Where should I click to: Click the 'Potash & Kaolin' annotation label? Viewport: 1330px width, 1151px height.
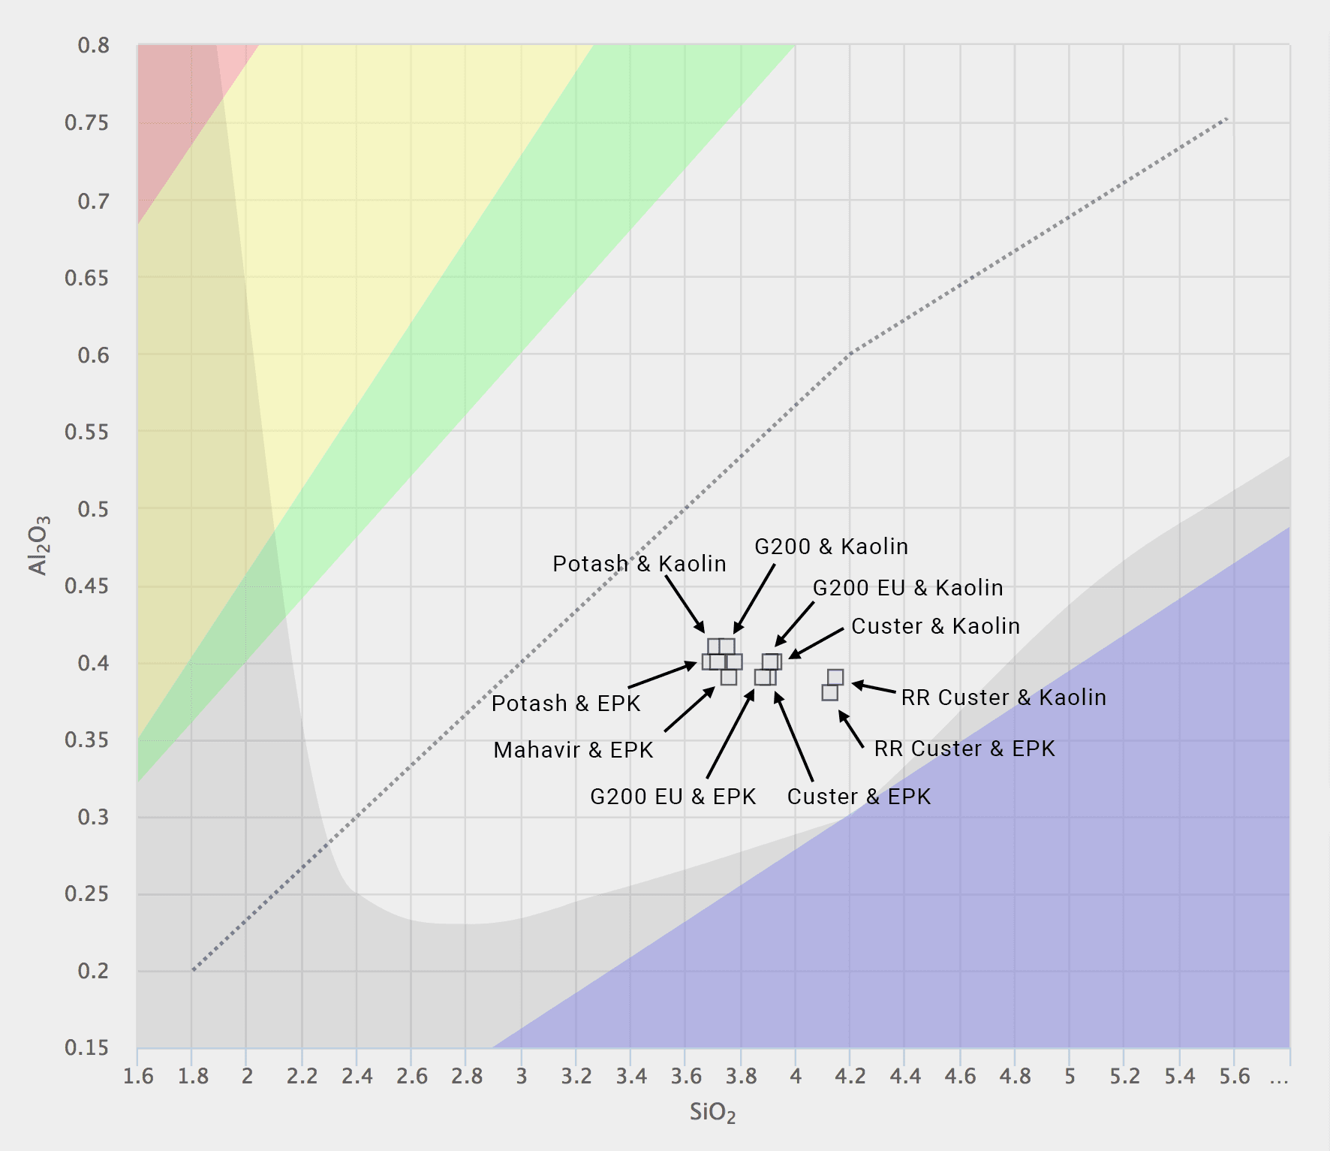pos(639,564)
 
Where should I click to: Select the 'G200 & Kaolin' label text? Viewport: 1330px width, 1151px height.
pos(831,547)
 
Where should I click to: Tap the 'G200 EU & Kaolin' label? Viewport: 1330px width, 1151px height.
pos(907,588)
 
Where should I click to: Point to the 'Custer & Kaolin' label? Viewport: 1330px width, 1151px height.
pos(935,626)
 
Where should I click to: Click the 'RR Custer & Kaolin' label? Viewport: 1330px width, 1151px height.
pos(1004,698)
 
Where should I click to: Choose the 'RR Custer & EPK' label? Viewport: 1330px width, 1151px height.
pos(964,749)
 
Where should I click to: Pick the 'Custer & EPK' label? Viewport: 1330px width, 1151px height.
pos(859,797)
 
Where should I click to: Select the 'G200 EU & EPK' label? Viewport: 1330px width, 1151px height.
pos(673,797)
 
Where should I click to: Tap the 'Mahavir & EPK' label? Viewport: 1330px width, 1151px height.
pos(573,750)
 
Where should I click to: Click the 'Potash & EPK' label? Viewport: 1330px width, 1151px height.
pos(565,704)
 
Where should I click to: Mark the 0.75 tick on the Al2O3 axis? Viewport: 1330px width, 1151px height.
pos(87,123)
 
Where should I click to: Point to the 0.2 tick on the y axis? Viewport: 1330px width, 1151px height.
pos(93,971)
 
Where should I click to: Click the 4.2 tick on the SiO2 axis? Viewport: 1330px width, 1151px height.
pos(850,1077)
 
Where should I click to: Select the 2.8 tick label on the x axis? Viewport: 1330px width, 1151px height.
pos(467,1077)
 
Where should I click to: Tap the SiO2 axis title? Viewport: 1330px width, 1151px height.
pos(712,1113)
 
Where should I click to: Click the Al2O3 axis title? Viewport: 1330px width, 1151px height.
pos(38,545)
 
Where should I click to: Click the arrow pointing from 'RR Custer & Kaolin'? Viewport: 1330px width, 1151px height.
pos(874,687)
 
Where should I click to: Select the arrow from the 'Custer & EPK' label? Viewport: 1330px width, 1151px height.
pos(793,737)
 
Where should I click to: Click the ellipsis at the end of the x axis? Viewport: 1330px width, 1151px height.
pos(1279,1077)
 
